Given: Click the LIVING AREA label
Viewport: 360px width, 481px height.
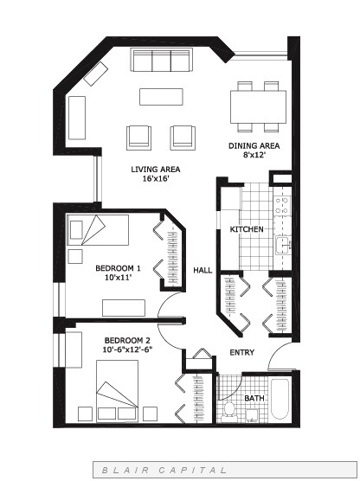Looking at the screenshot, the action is [x=155, y=170].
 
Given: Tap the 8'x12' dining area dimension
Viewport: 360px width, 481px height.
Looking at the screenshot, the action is [x=254, y=155].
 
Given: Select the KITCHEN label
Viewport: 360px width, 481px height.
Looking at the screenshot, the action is [x=247, y=229].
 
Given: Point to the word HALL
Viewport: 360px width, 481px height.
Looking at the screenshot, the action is [x=202, y=270].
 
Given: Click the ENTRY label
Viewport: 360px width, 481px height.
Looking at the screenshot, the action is [x=241, y=352].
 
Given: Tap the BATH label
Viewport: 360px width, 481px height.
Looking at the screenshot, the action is [x=254, y=398].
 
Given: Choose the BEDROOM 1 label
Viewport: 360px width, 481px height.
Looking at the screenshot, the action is [x=119, y=268].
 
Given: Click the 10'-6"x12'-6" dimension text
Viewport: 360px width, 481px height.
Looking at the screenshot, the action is [x=127, y=350].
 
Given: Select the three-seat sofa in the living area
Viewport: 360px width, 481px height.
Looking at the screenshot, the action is [x=162, y=60].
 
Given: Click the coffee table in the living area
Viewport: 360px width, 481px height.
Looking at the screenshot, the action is [x=161, y=97].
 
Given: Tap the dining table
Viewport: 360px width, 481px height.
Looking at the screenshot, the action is [x=258, y=106].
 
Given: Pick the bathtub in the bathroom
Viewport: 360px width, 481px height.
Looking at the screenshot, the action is [x=280, y=400].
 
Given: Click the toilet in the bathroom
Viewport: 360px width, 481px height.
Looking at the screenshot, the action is [x=228, y=411].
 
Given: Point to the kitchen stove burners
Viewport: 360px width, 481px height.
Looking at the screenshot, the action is [x=282, y=206].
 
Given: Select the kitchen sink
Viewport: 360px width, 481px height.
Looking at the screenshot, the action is [x=283, y=245].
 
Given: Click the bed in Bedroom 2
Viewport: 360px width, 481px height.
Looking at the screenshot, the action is [x=117, y=391].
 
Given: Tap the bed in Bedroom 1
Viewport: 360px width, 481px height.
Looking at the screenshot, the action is [x=98, y=230].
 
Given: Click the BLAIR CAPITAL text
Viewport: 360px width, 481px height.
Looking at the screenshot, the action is [x=164, y=470].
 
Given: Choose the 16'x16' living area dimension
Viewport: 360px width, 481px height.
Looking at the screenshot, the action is [x=155, y=178].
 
